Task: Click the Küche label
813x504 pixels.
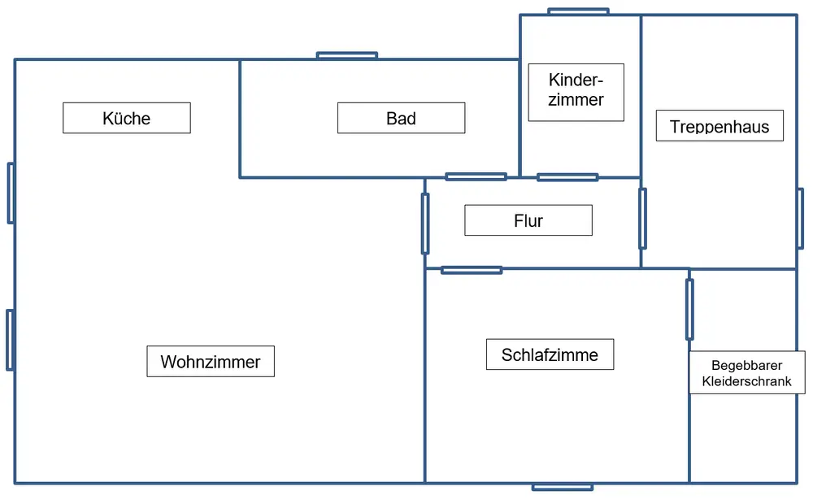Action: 127,118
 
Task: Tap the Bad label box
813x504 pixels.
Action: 401,118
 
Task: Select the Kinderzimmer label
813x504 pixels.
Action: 576,92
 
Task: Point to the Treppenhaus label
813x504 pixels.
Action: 720,126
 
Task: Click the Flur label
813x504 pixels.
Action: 528,220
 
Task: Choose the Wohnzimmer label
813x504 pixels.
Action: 210,361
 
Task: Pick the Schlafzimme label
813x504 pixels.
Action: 550,354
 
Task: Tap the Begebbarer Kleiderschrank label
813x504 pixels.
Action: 746,373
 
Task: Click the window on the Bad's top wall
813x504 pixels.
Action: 347,55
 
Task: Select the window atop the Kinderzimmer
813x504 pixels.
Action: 578,11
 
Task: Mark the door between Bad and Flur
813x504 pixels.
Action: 476,176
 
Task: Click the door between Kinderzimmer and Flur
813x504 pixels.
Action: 567,177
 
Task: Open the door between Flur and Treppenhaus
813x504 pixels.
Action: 642,218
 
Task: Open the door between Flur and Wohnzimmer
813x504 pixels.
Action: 425,224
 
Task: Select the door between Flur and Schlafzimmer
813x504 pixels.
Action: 472,270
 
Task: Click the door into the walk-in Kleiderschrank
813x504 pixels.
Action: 689,309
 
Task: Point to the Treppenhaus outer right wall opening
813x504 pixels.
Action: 800,218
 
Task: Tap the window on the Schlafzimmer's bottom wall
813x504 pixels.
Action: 563,487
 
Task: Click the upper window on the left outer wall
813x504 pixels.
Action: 11,193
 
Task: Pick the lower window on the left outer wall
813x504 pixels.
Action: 10,340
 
